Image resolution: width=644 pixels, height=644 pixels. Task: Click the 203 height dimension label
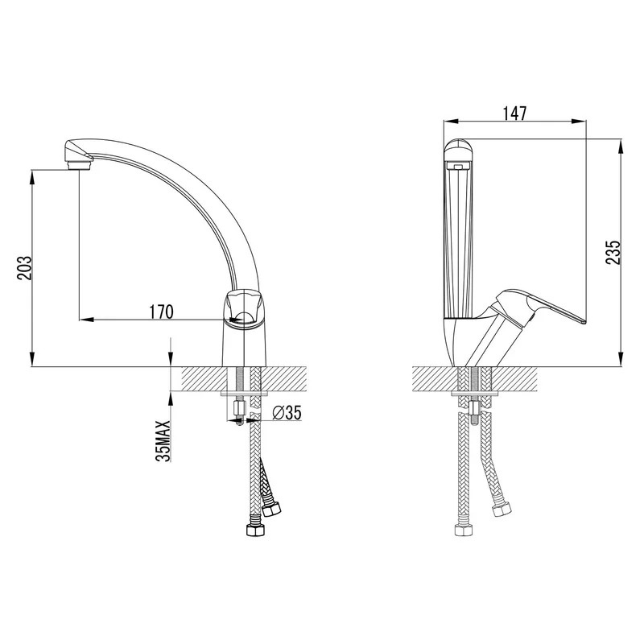click(x=24, y=268)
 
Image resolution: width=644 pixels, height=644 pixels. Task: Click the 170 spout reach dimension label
click(x=161, y=312)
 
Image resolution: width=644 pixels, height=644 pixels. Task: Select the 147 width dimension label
click(x=514, y=114)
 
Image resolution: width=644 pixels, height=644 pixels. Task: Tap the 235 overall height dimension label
click(x=613, y=253)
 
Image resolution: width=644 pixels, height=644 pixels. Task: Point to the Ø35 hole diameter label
click(x=287, y=413)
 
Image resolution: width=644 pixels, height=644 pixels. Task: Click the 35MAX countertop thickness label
click(x=164, y=441)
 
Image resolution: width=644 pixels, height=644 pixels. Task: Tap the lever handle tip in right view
click(x=582, y=321)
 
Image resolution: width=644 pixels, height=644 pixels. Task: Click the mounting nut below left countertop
click(x=238, y=409)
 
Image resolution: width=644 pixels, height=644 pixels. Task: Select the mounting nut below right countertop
click(x=474, y=409)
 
